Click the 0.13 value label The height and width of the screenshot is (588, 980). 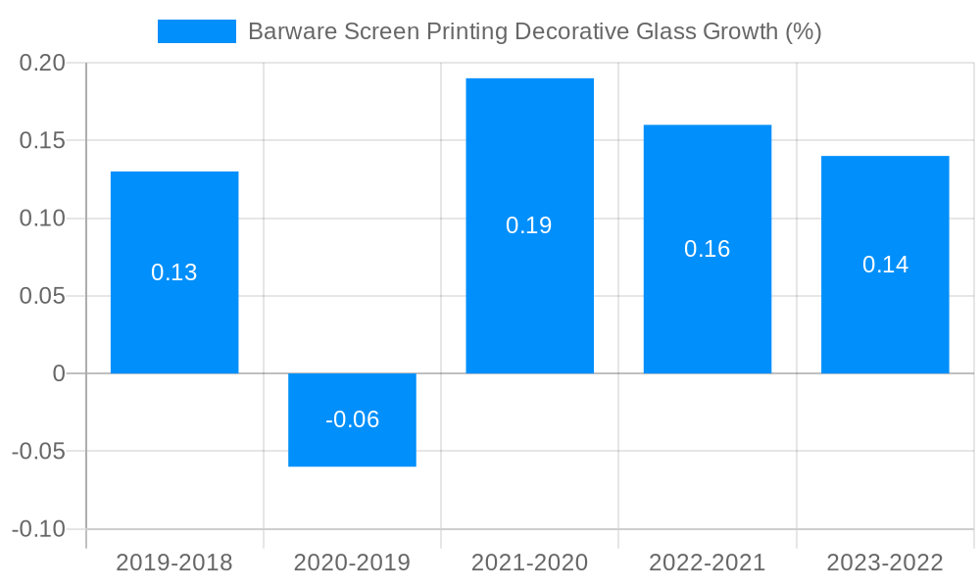174,272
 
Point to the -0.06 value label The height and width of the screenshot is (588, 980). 352,419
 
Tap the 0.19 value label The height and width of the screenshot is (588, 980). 529,225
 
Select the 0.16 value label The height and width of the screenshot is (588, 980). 707,249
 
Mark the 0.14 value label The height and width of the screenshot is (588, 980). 885,265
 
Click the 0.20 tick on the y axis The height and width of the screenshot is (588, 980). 42,63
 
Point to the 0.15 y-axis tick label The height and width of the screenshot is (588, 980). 42,140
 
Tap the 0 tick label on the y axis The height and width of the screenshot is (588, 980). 59,373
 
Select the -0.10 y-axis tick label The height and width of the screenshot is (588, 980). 38,529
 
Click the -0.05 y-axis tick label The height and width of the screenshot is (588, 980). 38,452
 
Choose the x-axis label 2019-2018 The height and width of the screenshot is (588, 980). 174,563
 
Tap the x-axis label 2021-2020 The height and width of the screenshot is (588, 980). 529,563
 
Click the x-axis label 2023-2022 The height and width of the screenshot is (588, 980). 885,563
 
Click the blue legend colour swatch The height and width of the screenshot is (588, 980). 197,31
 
